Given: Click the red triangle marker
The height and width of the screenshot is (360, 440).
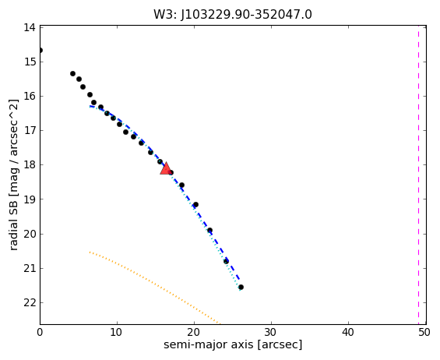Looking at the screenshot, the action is tap(166, 168).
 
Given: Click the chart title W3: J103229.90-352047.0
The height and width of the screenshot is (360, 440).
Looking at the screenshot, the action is tap(233, 15).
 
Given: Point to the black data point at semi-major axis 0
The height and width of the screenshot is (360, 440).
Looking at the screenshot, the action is tap(40, 51).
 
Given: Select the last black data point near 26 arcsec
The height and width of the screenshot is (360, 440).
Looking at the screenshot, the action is tap(241, 287).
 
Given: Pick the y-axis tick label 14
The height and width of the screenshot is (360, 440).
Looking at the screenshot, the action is tap(30, 27).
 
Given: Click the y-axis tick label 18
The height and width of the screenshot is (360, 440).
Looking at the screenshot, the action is tap(30, 165).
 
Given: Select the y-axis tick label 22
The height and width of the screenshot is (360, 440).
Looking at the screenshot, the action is tap(30, 302).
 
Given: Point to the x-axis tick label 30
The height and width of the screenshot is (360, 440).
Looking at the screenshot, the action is tap(271, 333).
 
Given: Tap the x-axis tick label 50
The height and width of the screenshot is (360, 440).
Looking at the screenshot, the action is tap(424, 333).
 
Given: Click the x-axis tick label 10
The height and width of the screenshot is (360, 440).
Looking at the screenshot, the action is tap(117, 333).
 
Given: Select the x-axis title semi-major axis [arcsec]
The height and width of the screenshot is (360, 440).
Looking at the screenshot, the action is tap(233, 344).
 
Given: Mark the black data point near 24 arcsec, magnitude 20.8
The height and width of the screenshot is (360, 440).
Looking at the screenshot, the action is tap(226, 262).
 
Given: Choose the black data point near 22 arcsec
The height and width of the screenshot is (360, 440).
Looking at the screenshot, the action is tap(209, 231).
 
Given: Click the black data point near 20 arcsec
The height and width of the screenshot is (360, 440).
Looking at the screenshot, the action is tap(196, 204).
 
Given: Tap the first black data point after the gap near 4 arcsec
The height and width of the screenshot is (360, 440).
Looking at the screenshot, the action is tap(72, 73).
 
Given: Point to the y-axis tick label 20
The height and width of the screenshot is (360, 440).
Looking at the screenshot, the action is tap(30, 234).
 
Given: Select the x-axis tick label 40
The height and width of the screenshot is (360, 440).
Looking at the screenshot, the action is tap(348, 333).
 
